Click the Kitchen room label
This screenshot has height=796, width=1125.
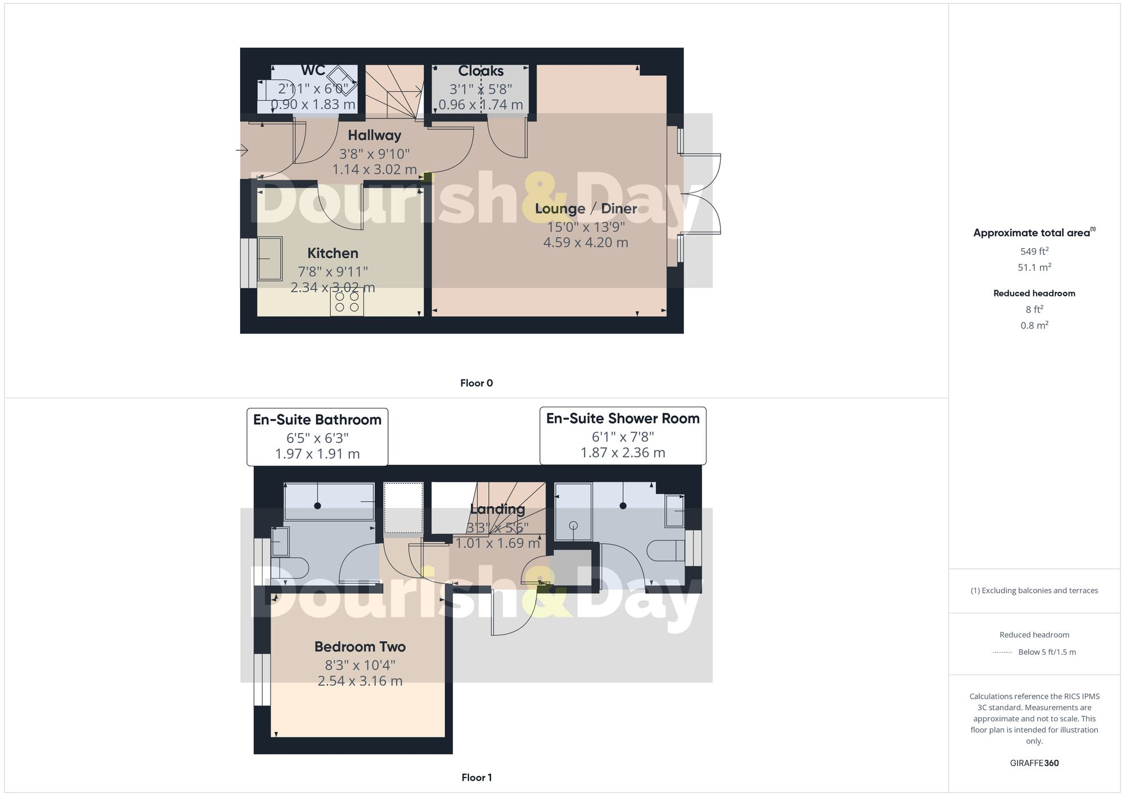332,253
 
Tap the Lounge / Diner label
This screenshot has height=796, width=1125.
586,209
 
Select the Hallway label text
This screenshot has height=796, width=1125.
374,135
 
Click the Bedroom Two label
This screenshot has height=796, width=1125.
360,647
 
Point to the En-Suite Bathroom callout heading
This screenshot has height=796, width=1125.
317,420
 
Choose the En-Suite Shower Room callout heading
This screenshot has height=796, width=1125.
623,419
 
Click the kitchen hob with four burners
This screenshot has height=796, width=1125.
346,302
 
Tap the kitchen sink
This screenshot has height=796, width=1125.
270,259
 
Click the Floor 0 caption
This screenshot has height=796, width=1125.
476,383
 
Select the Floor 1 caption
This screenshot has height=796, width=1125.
476,777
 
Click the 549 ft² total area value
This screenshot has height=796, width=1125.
1034,251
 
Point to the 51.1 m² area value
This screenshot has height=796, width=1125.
1034,267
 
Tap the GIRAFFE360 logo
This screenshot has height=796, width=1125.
1034,763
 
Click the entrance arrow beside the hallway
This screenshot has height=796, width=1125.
242,150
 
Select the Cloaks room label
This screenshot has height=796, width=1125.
480,71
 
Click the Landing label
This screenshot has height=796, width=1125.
497,509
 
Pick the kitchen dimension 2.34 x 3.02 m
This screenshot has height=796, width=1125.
332,287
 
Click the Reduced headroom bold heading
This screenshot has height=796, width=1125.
1034,293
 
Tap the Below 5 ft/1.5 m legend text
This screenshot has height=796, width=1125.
1047,652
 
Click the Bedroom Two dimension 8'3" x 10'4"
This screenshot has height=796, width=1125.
360,665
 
